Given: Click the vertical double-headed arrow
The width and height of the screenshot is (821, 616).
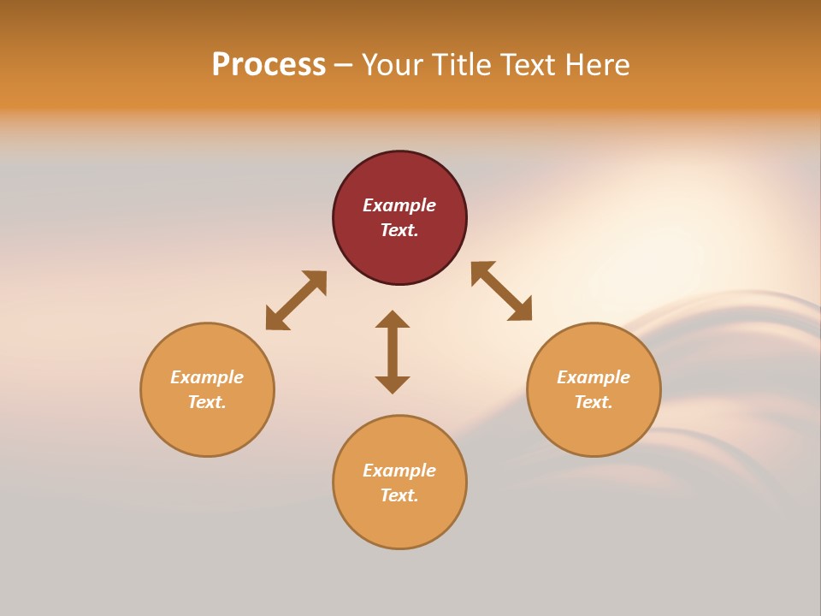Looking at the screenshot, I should [393, 352].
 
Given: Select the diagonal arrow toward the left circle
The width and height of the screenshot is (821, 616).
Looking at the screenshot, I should [296, 300].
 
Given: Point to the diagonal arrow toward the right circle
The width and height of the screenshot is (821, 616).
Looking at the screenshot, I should [501, 291].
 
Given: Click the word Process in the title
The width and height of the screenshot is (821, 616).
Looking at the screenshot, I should [269, 65].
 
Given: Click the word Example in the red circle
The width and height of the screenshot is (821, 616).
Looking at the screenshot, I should [399, 205].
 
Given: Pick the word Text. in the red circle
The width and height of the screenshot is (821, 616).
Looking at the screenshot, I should [399, 230].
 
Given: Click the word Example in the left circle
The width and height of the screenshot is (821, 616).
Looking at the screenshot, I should [207, 377].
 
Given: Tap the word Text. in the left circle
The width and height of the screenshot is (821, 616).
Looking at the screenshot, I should [207, 402].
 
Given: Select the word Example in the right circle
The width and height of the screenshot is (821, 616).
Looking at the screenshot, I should [594, 377].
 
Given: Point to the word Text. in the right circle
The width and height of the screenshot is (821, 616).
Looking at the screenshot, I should [594, 402].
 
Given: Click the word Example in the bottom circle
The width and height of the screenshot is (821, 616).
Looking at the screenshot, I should [399, 471].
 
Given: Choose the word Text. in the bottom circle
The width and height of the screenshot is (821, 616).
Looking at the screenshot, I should [399, 495].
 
